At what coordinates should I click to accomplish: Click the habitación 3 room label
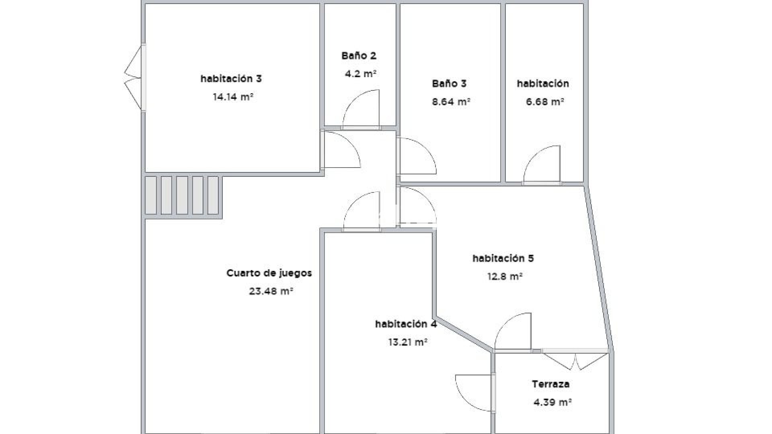(x=231, y=78)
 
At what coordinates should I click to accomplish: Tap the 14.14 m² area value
(x=233, y=97)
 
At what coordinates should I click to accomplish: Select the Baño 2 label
(x=359, y=55)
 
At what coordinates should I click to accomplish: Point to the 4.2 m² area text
(x=361, y=74)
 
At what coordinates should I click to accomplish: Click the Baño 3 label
(x=449, y=84)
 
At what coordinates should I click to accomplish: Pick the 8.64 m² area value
(x=451, y=102)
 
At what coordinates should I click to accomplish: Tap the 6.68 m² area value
(x=545, y=102)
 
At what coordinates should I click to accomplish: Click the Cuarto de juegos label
(x=269, y=273)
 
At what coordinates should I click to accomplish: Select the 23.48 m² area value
(x=271, y=291)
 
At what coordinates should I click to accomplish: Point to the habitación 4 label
(x=406, y=324)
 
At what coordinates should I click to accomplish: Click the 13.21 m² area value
(x=407, y=342)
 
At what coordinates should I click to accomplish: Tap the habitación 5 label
(x=503, y=258)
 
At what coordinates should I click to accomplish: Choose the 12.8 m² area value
(x=505, y=276)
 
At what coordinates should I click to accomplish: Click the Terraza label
(x=550, y=384)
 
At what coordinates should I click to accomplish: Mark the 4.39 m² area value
(x=552, y=402)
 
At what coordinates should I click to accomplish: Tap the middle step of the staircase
(x=182, y=195)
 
